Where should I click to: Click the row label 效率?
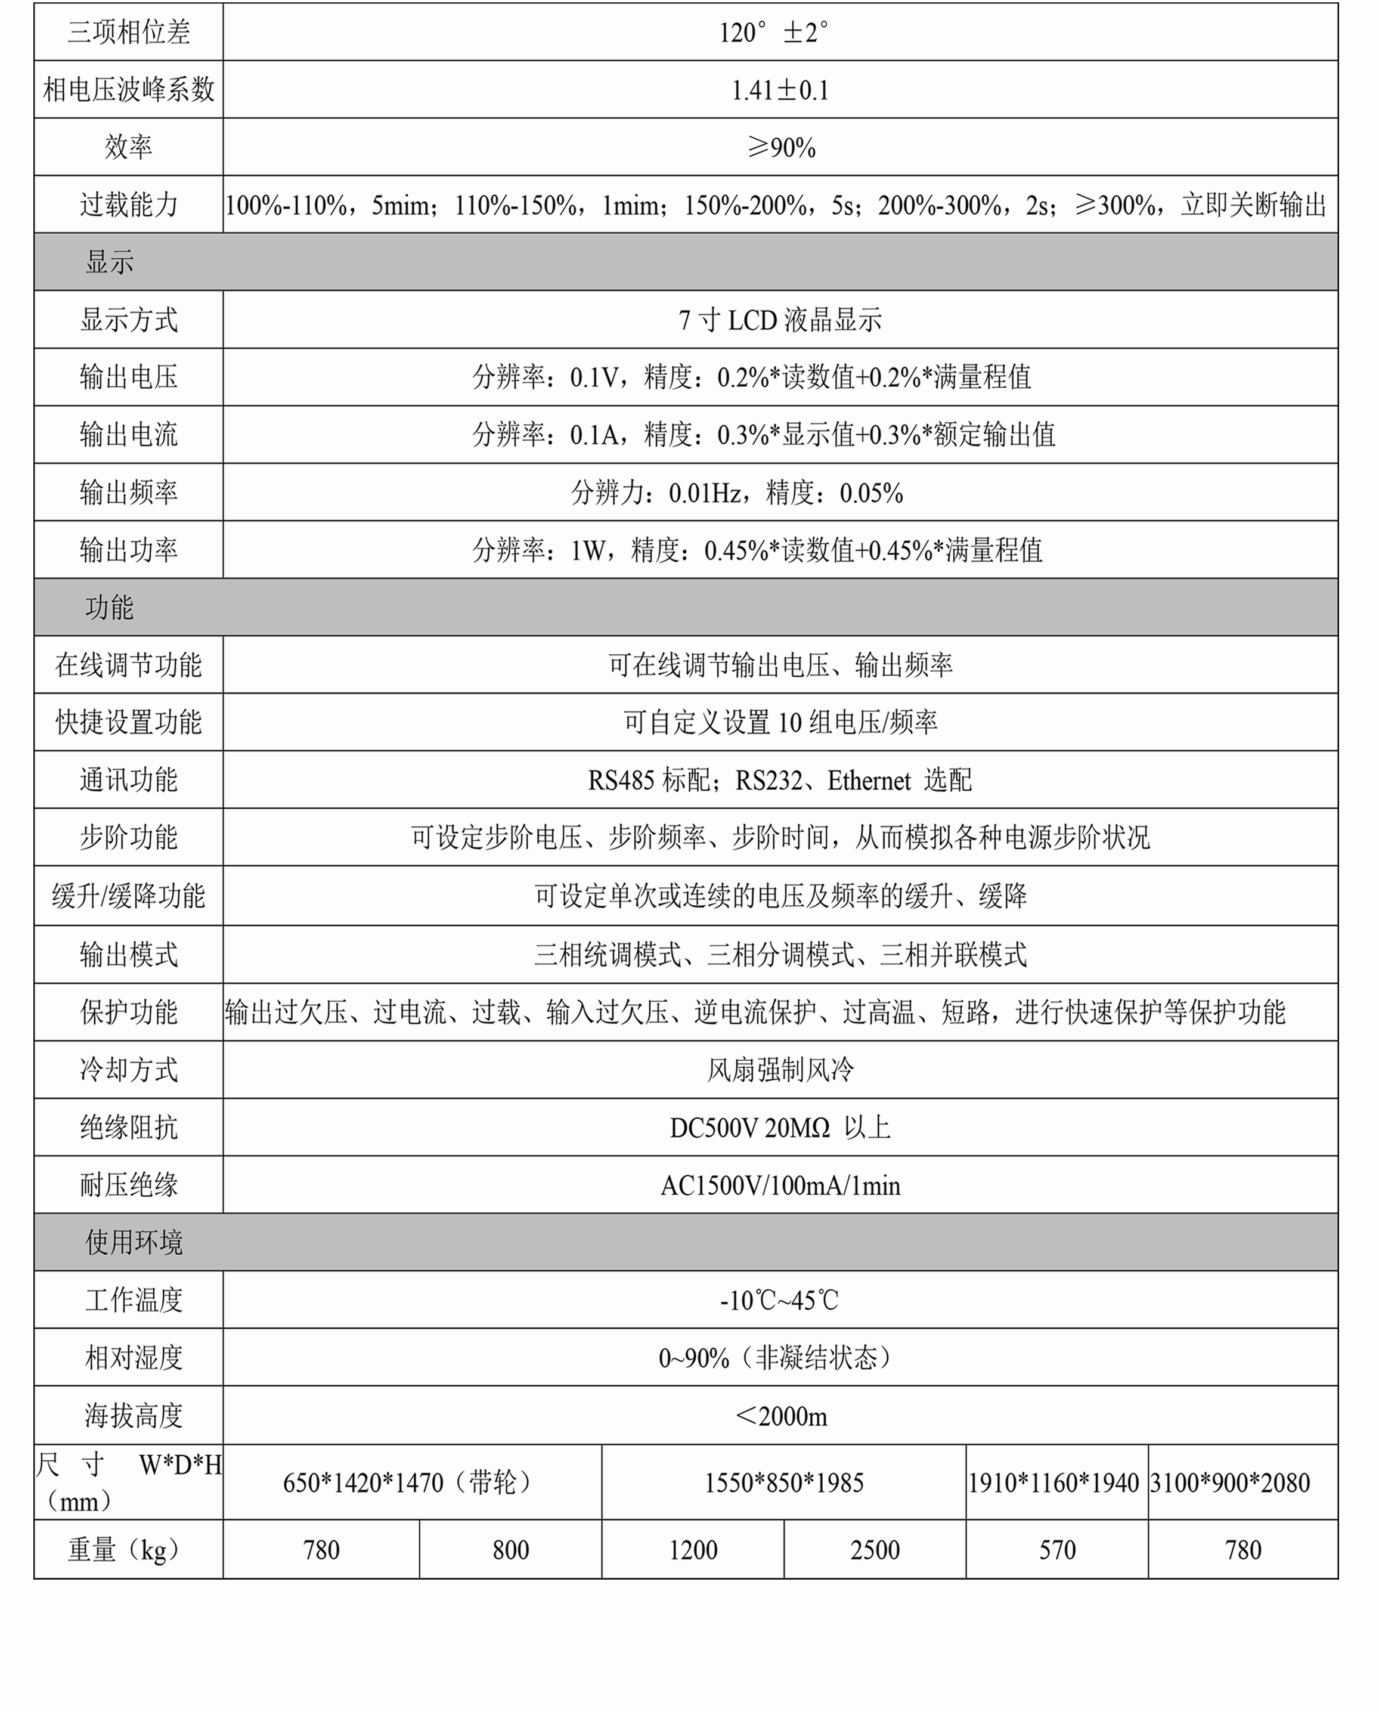click(128, 147)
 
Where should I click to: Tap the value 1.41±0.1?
click(780, 90)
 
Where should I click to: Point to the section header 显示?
click(110, 262)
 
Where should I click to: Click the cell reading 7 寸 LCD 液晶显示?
click(780, 320)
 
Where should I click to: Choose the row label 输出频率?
click(128, 493)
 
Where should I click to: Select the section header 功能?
click(110, 608)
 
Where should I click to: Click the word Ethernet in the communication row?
click(869, 780)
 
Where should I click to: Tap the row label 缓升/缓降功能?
click(128, 895)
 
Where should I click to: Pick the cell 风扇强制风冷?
click(780, 1069)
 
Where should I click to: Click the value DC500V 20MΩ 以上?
click(780, 1127)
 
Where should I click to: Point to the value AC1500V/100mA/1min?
click(780, 1185)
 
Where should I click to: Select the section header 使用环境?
click(134, 1242)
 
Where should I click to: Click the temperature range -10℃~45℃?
click(780, 1300)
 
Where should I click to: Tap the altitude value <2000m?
click(781, 1416)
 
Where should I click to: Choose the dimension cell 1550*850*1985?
click(783, 1482)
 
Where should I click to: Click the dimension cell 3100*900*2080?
click(1230, 1482)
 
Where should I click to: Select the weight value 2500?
click(875, 1550)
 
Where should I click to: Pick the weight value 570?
click(1057, 1550)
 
